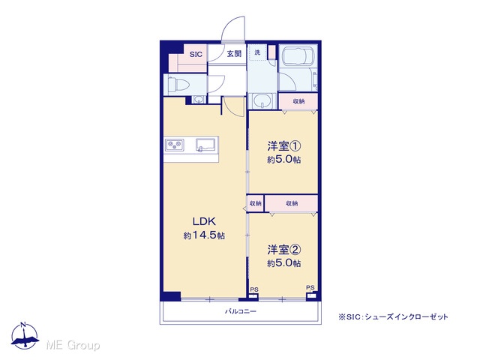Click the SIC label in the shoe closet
click(x=196, y=55)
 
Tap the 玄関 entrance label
click(x=234, y=54)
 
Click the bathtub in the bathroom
click(x=298, y=55)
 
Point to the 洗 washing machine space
click(x=257, y=52)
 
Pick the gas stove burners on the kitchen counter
click(x=175, y=145)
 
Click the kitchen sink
click(x=205, y=145)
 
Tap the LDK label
click(x=204, y=221)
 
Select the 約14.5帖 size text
click(x=204, y=235)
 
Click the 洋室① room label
click(x=283, y=146)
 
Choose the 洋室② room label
click(x=283, y=250)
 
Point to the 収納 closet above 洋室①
click(x=298, y=101)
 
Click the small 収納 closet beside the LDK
click(x=255, y=203)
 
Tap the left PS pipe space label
click(x=254, y=289)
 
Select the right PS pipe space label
click(x=310, y=288)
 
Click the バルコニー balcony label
click(x=241, y=312)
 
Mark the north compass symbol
click(x=25, y=335)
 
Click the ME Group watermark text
click(x=73, y=345)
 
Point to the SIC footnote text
click(x=393, y=316)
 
